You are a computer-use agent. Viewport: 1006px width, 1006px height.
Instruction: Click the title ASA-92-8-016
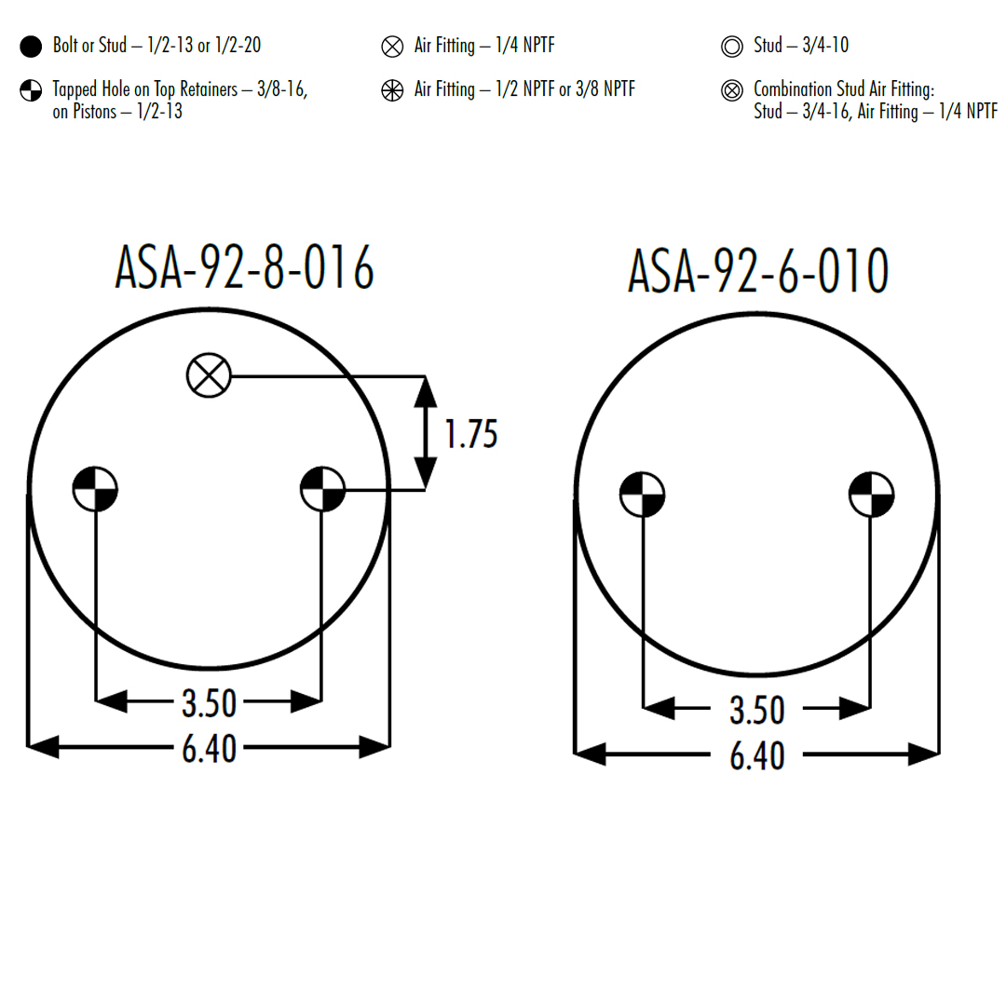(x=244, y=267)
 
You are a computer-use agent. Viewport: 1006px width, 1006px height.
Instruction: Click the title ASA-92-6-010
(x=758, y=271)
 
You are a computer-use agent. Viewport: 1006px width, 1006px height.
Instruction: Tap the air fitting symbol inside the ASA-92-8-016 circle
(x=209, y=375)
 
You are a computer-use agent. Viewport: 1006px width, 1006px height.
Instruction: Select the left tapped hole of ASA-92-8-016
(x=95, y=489)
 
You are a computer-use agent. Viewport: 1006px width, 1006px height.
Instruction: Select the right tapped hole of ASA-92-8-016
(x=322, y=489)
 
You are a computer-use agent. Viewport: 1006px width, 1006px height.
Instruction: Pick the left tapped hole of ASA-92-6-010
(x=642, y=495)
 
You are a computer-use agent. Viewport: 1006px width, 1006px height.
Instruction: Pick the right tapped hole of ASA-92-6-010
(x=871, y=495)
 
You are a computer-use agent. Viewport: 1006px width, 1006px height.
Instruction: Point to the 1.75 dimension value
(x=471, y=434)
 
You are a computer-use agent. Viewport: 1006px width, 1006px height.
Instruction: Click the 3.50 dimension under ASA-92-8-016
(x=210, y=703)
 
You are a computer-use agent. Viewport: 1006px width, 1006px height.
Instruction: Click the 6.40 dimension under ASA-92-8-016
(x=210, y=748)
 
